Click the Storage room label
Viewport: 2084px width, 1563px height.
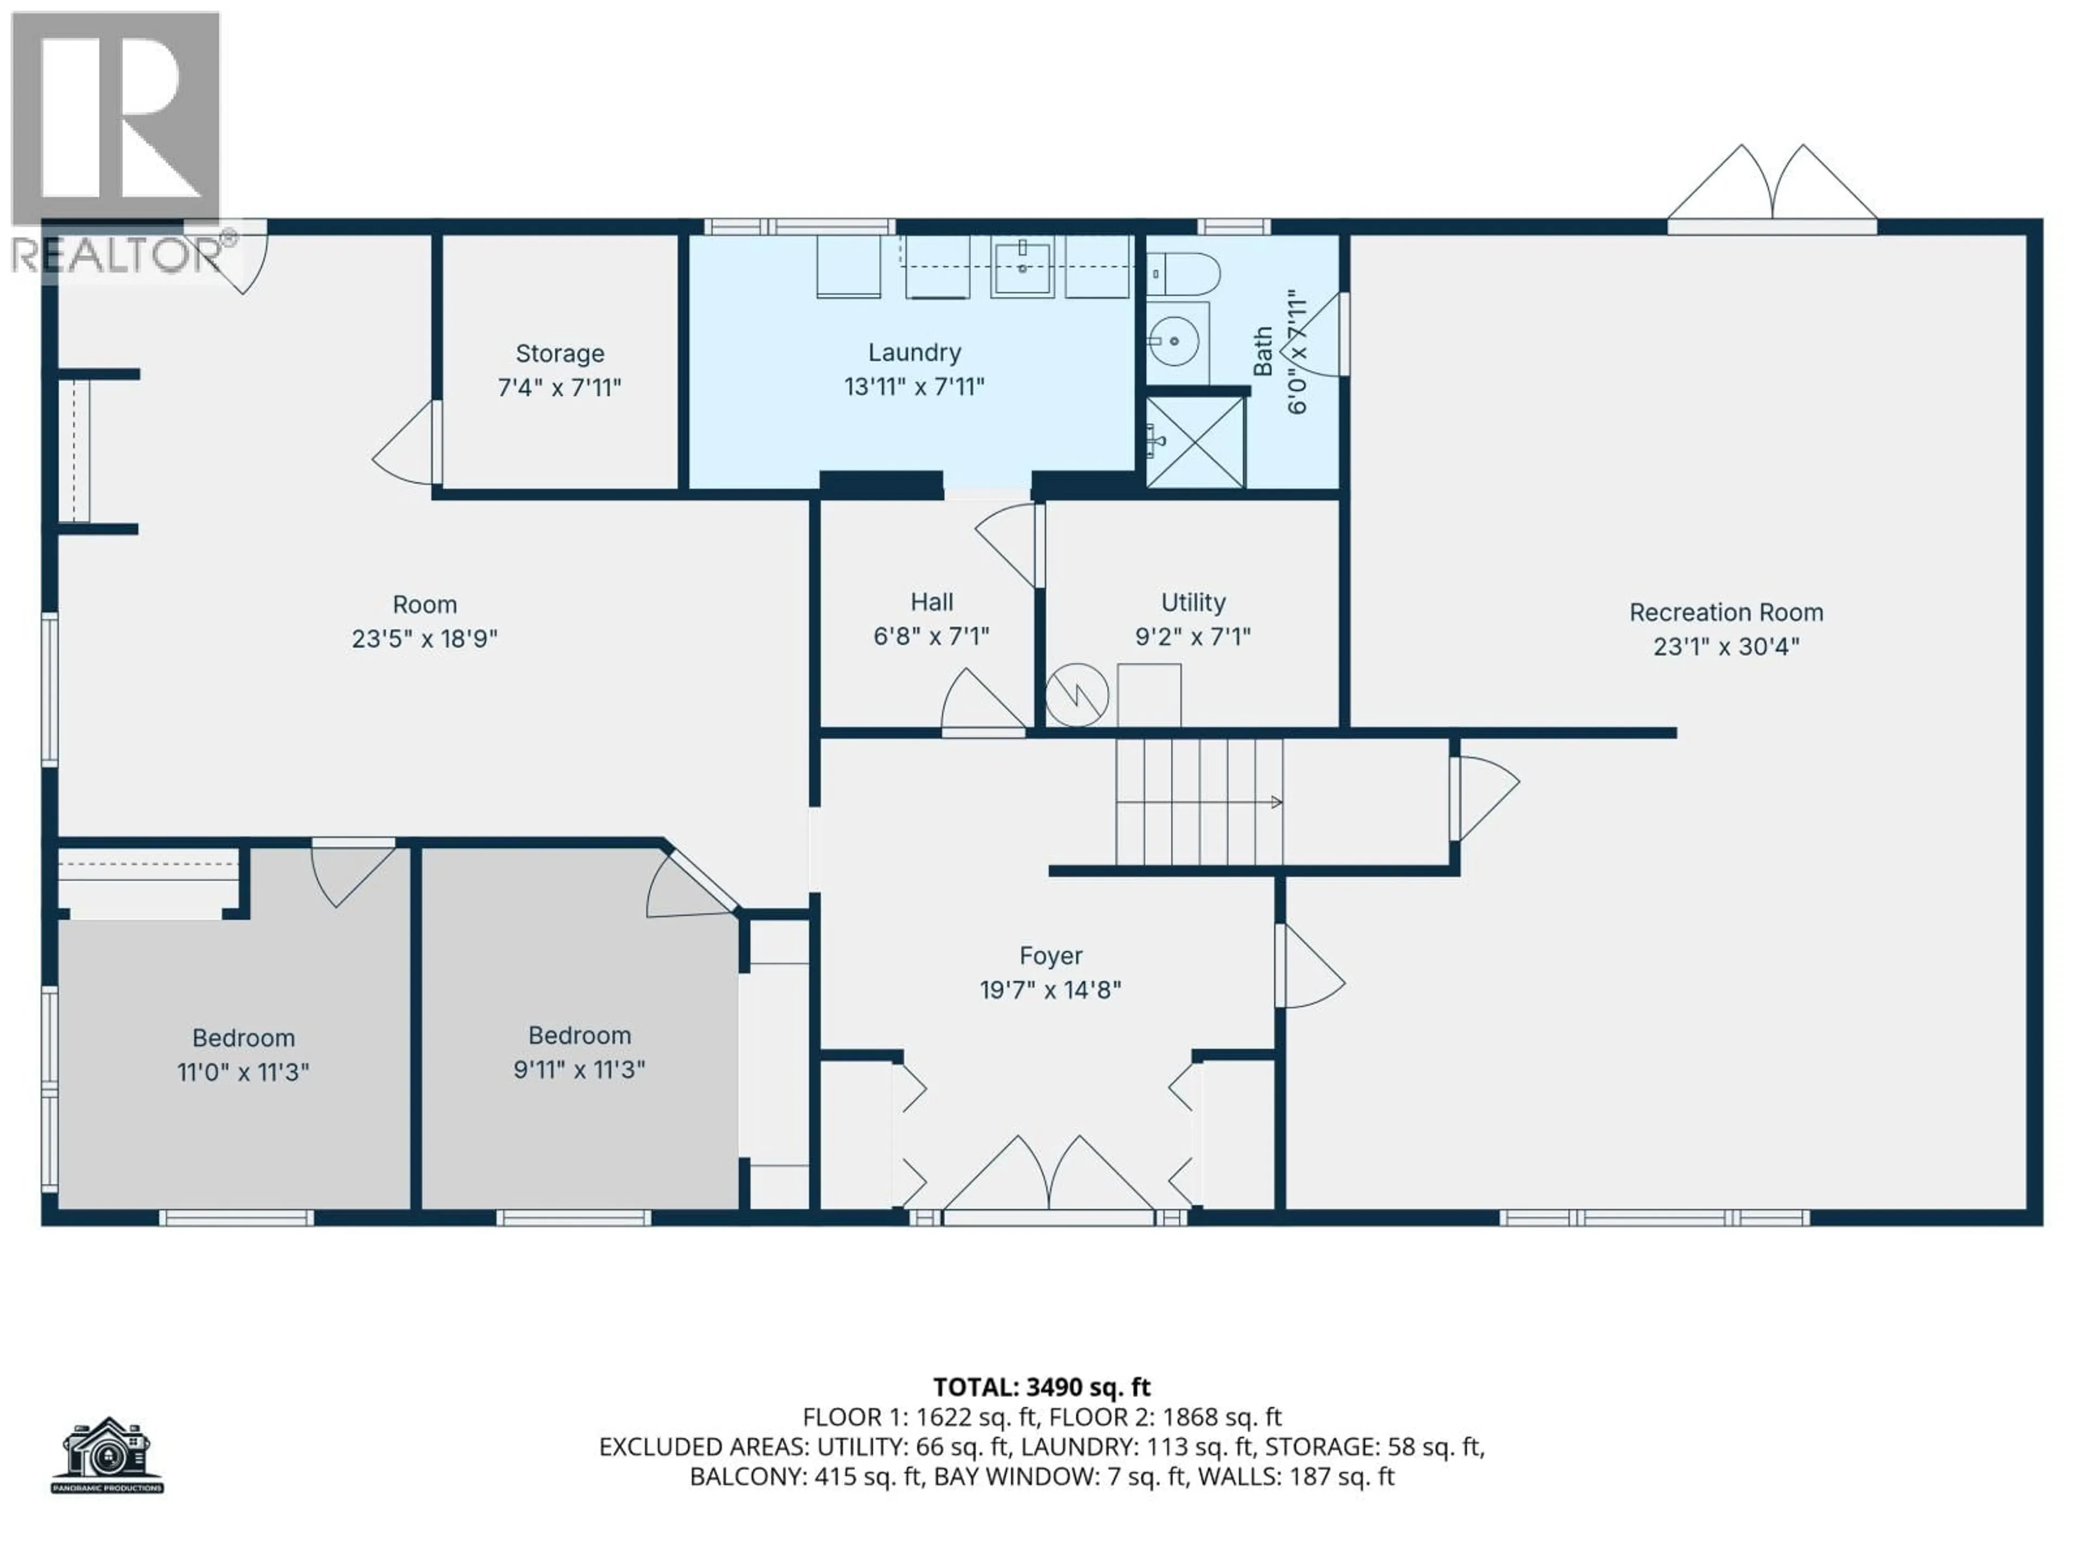click(560, 353)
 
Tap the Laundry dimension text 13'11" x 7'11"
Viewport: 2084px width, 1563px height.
click(914, 386)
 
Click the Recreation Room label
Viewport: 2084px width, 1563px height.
click(1726, 612)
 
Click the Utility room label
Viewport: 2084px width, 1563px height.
click(1193, 602)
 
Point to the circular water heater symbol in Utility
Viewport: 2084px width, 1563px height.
click(1077, 695)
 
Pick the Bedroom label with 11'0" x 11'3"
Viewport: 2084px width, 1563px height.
click(243, 1038)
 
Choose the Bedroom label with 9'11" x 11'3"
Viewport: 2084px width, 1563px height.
click(580, 1035)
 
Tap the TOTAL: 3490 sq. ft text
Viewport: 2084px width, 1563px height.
click(1042, 1387)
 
